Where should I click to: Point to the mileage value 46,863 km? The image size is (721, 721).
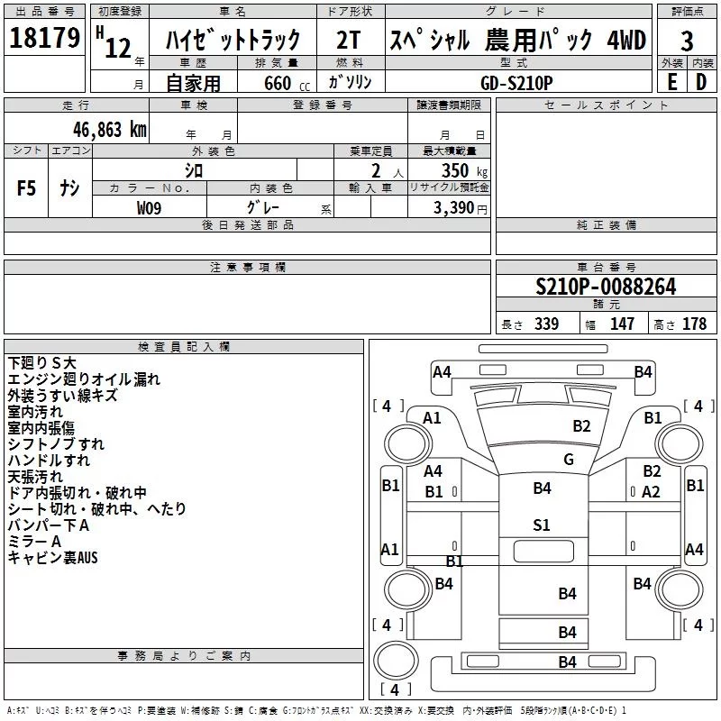(x=106, y=129)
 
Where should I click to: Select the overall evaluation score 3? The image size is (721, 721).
(x=687, y=41)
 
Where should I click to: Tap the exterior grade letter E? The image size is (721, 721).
(x=671, y=81)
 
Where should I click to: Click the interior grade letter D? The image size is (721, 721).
(x=701, y=81)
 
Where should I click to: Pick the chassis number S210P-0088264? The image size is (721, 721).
(x=606, y=287)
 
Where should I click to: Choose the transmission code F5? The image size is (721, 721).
(x=27, y=188)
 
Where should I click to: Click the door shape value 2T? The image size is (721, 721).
(x=351, y=41)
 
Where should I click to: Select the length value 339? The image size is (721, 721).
(x=546, y=324)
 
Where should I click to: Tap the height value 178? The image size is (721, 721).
(x=694, y=324)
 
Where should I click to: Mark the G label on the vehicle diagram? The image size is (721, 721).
(x=568, y=459)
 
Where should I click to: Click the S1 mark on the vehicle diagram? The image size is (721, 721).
(x=541, y=525)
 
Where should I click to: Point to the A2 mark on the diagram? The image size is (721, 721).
(x=651, y=491)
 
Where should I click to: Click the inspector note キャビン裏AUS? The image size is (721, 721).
(x=52, y=558)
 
